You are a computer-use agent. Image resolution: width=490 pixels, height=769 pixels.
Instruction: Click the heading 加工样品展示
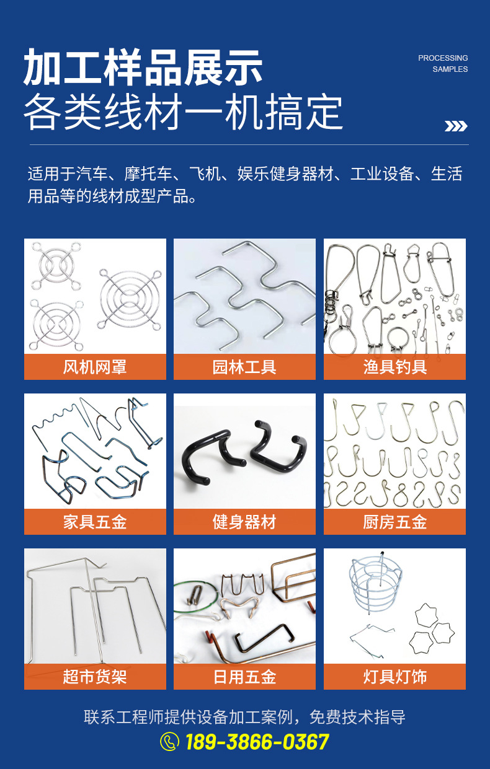143,68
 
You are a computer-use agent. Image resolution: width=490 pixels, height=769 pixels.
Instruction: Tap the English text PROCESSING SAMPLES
443,63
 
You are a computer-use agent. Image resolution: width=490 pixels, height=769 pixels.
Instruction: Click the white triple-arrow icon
455,126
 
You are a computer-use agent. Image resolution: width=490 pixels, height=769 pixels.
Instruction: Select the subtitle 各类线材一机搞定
183,112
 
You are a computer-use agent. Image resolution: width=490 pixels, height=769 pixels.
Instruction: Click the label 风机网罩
95,367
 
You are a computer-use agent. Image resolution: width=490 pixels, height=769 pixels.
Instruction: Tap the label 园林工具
244,367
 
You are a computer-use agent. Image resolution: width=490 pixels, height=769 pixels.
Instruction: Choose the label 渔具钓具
394,367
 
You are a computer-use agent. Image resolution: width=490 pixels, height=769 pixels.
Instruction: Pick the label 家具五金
95,522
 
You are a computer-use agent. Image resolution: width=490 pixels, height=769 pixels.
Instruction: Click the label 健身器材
244,522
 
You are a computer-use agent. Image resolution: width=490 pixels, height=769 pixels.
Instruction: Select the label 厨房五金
394,522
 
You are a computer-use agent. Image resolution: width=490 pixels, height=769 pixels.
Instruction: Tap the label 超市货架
95,677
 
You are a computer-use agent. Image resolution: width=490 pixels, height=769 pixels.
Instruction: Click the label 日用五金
244,677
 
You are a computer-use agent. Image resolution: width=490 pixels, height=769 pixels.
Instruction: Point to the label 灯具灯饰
394,677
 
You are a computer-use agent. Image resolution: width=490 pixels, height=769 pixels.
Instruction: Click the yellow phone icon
169,741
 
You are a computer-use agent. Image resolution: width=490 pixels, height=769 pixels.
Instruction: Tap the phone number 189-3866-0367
257,742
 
